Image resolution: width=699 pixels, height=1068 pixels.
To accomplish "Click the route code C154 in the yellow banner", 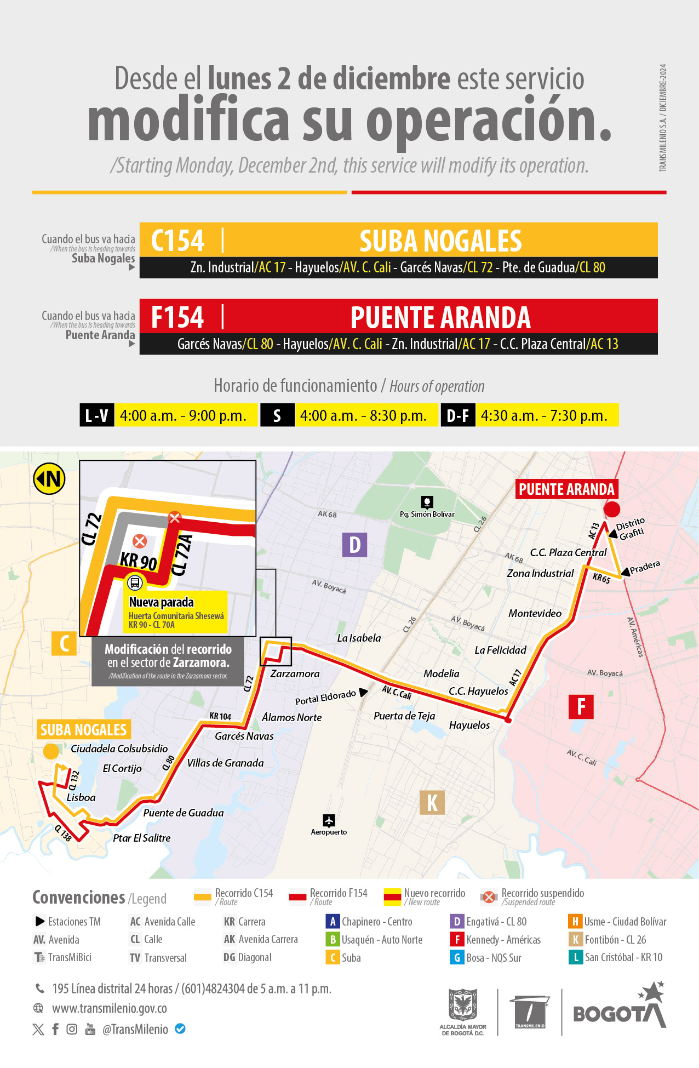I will click(177, 241).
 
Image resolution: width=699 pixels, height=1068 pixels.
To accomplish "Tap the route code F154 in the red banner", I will click(177, 317).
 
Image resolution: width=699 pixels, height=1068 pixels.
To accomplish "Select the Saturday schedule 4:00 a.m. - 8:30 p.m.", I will click(363, 415).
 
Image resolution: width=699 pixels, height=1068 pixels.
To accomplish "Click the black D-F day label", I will click(458, 415).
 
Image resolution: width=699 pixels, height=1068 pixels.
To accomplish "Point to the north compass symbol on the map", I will click(49, 479).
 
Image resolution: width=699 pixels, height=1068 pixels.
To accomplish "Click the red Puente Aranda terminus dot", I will click(611, 509).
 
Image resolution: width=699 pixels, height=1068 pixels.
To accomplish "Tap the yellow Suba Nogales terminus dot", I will click(51, 751).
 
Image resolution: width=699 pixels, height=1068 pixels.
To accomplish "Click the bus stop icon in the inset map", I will click(135, 582).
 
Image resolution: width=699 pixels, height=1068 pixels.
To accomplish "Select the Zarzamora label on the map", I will click(295, 673).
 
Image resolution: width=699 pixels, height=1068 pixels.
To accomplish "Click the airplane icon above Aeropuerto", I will click(329, 820).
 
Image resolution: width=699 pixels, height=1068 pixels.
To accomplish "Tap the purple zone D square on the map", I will click(354, 545).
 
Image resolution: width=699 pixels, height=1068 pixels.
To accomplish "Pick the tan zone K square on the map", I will click(432, 803).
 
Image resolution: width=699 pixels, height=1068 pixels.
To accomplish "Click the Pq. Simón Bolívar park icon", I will click(427, 502).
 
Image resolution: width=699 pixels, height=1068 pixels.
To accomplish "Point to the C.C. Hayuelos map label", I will click(478, 691).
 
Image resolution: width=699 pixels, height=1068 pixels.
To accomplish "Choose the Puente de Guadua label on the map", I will click(184, 813).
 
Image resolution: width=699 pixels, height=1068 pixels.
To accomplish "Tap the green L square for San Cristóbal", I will click(575, 957).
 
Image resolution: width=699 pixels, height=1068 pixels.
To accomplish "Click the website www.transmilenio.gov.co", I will click(110, 1008).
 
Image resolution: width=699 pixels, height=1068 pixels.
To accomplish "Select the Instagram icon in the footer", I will click(72, 1029).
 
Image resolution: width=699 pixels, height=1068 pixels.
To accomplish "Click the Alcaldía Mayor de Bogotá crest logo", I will click(463, 1006).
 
